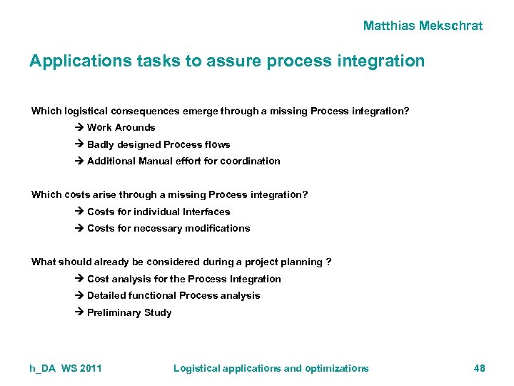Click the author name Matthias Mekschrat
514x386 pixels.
[x=423, y=26]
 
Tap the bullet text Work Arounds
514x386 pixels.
[x=121, y=127]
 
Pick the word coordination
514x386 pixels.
[x=250, y=161]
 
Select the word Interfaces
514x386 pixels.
[x=206, y=212]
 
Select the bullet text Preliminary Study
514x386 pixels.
[x=129, y=312]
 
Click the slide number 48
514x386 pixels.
[x=478, y=368]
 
